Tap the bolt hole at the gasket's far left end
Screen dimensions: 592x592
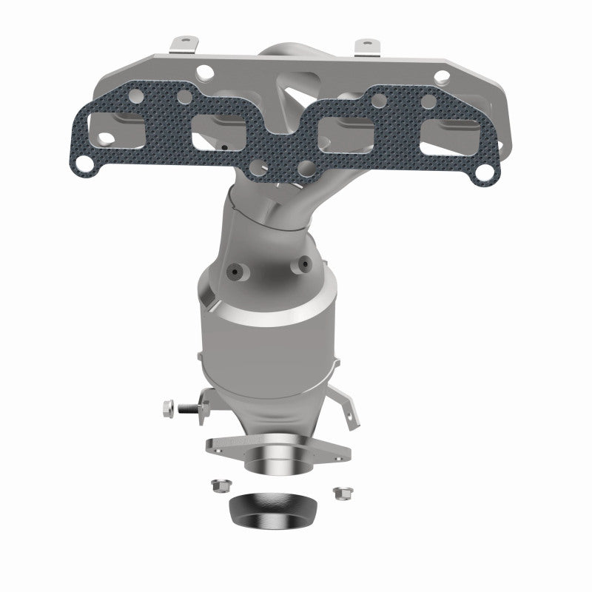(87, 161)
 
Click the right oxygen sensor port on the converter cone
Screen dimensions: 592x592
(303, 262)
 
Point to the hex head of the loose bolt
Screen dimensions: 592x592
(169, 406)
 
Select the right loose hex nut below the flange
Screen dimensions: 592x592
(341, 491)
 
